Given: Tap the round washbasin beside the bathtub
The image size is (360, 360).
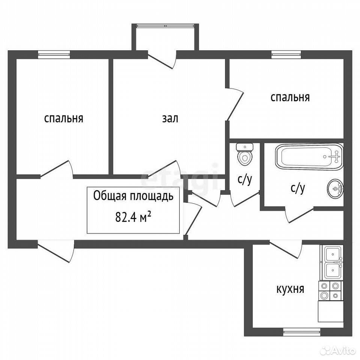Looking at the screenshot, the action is tap(335, 188).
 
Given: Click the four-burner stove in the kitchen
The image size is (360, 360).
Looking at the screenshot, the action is tap(330, 291).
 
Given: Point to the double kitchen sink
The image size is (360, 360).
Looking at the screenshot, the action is tap(333, 263).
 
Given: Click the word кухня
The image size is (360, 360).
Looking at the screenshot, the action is tap(290, 289).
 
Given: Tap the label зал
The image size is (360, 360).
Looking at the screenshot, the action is tap(170, 119).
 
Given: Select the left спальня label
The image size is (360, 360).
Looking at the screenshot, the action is tap(64, 119).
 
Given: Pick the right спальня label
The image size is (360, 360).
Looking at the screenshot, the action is tap(290, 97).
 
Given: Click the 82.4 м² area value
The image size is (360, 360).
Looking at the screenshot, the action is tap(133, 217).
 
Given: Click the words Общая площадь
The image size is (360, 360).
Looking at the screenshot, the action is tap(133, 196).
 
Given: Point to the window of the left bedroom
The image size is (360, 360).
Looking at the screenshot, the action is tap(54, 54).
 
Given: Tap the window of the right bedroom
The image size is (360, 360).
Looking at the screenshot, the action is tap(286, 54).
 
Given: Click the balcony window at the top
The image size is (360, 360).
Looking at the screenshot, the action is tap(165, 26).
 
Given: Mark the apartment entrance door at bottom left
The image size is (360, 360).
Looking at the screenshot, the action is tap(56, 251).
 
